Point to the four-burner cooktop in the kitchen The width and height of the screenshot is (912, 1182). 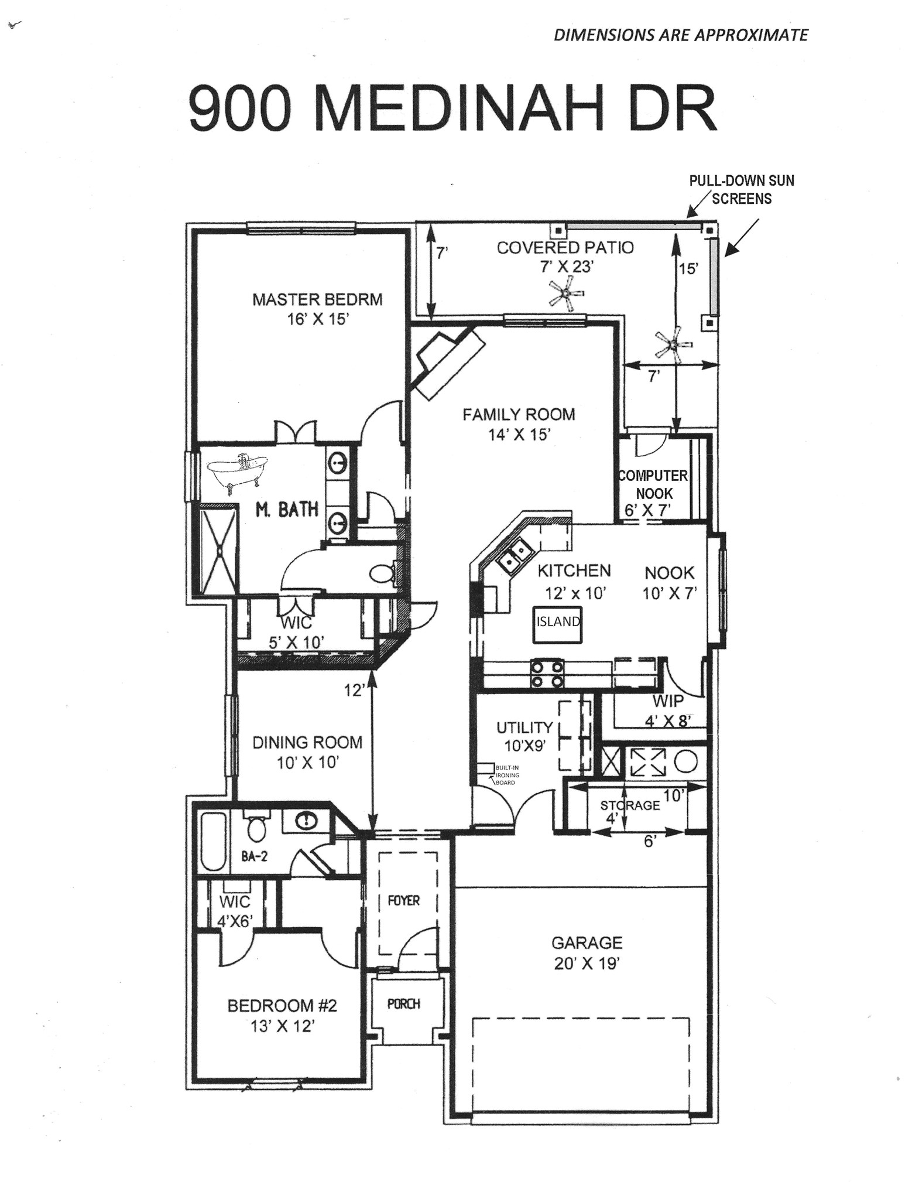tap(547, 674)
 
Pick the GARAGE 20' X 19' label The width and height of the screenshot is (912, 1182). tap(587, 953)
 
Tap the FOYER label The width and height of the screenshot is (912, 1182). tap(404, 900)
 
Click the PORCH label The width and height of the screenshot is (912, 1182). tap(404, 1004)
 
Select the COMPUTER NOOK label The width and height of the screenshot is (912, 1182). tap(653, 484)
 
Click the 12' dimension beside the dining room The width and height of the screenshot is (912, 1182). tap(355, 691)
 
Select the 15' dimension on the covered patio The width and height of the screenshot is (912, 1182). tap(688, 269)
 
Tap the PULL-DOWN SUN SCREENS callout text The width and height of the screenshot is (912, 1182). tap(742, 189)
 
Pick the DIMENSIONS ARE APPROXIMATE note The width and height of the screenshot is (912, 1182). tap(681, 35)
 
